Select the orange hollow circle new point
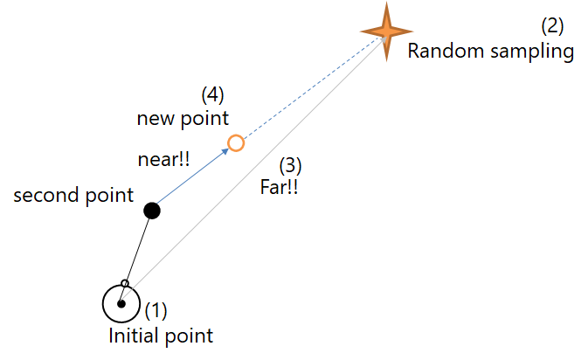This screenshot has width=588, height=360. point(235,143)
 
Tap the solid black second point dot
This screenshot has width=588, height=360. point(151,210)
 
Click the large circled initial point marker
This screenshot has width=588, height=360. point(121,304)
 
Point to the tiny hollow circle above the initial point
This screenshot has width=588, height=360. point(125,284)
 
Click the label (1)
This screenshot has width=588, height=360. point(156,310)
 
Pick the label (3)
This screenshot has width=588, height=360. point(291,164)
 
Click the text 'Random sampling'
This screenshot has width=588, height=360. point(490,52)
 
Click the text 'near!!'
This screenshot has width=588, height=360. point(164,160)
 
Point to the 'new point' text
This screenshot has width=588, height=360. point(182,117)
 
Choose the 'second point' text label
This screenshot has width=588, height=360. point(73,195)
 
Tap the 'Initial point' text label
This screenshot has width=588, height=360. point(161,335)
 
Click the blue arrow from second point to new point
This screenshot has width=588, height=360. point(192,176)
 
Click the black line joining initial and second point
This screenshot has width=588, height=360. point(138,247)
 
